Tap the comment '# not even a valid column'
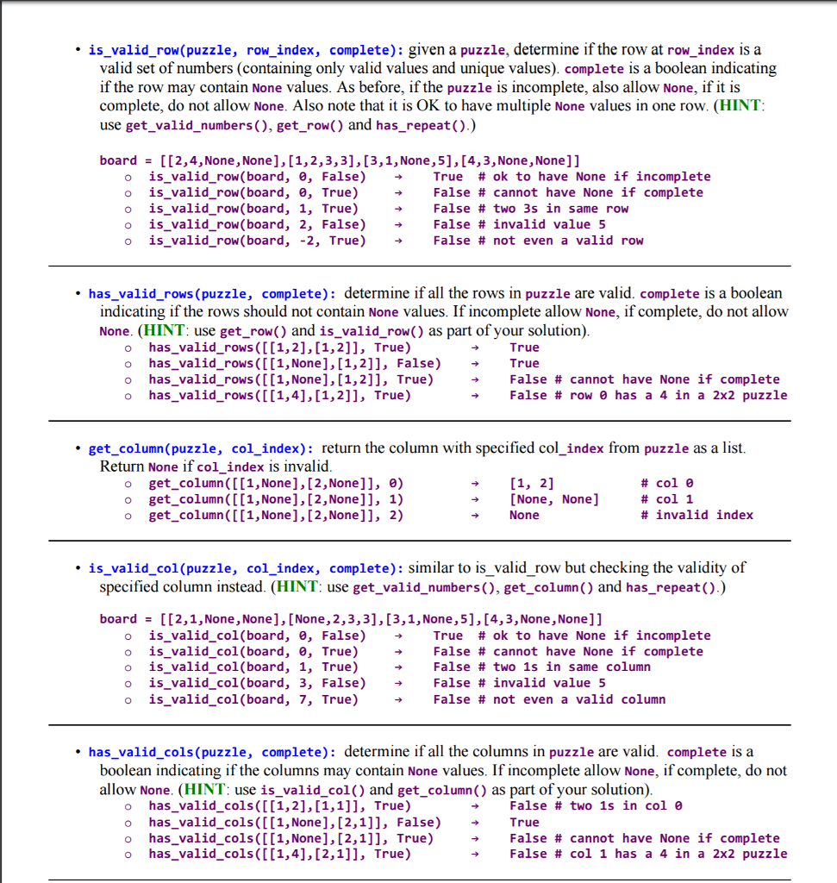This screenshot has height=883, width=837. click(572, 699)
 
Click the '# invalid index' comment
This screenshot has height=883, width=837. click(696, 515)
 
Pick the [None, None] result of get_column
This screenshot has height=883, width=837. click(554, 499)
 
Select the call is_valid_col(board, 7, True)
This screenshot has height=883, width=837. click(253, 699)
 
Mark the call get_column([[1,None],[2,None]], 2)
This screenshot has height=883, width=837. click(276, 515)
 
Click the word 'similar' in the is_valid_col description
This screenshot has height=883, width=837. click(432, 567)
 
